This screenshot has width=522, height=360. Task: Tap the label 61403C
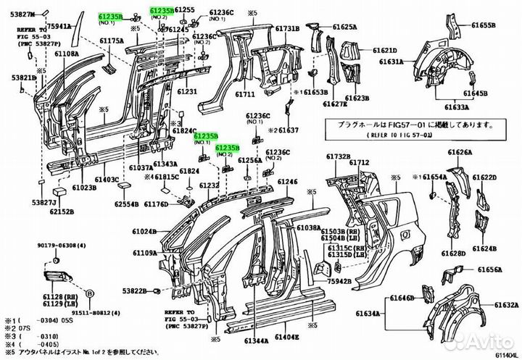point(107,179)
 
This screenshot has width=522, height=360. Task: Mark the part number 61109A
point(145,253)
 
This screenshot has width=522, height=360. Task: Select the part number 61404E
point(286,338)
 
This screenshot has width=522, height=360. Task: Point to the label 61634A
point(368,313)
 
